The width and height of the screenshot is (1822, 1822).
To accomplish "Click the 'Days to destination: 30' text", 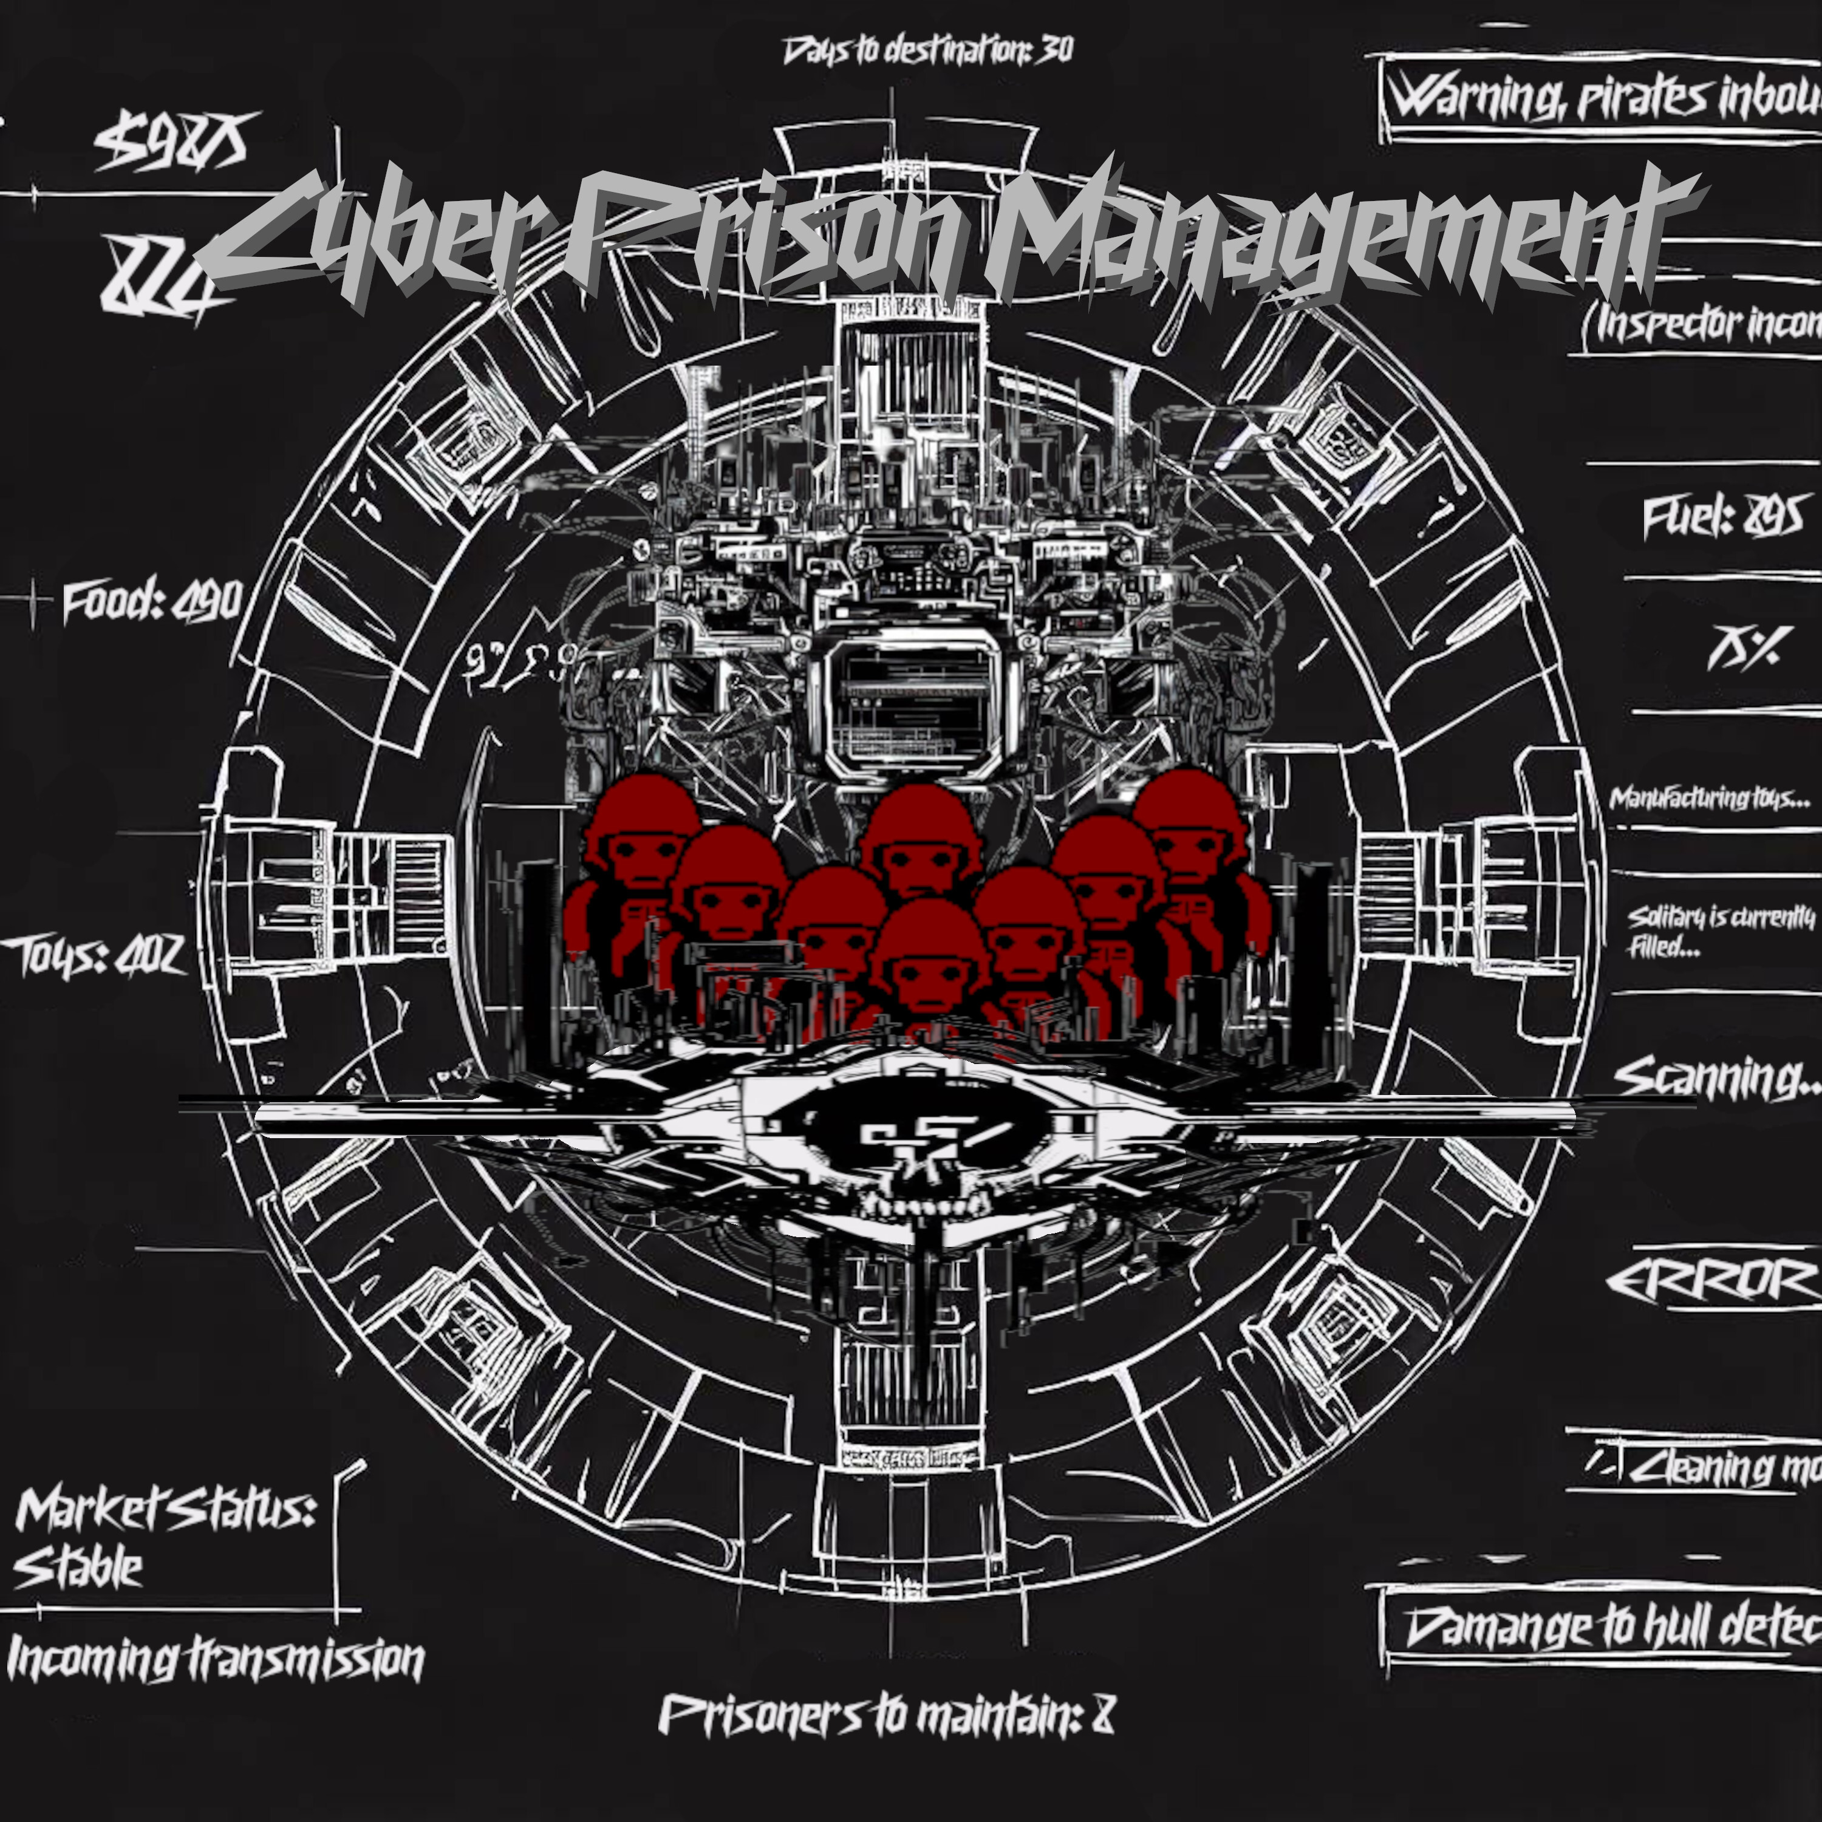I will [928, 50].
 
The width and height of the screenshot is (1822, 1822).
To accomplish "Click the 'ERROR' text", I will [1711, 1281].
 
